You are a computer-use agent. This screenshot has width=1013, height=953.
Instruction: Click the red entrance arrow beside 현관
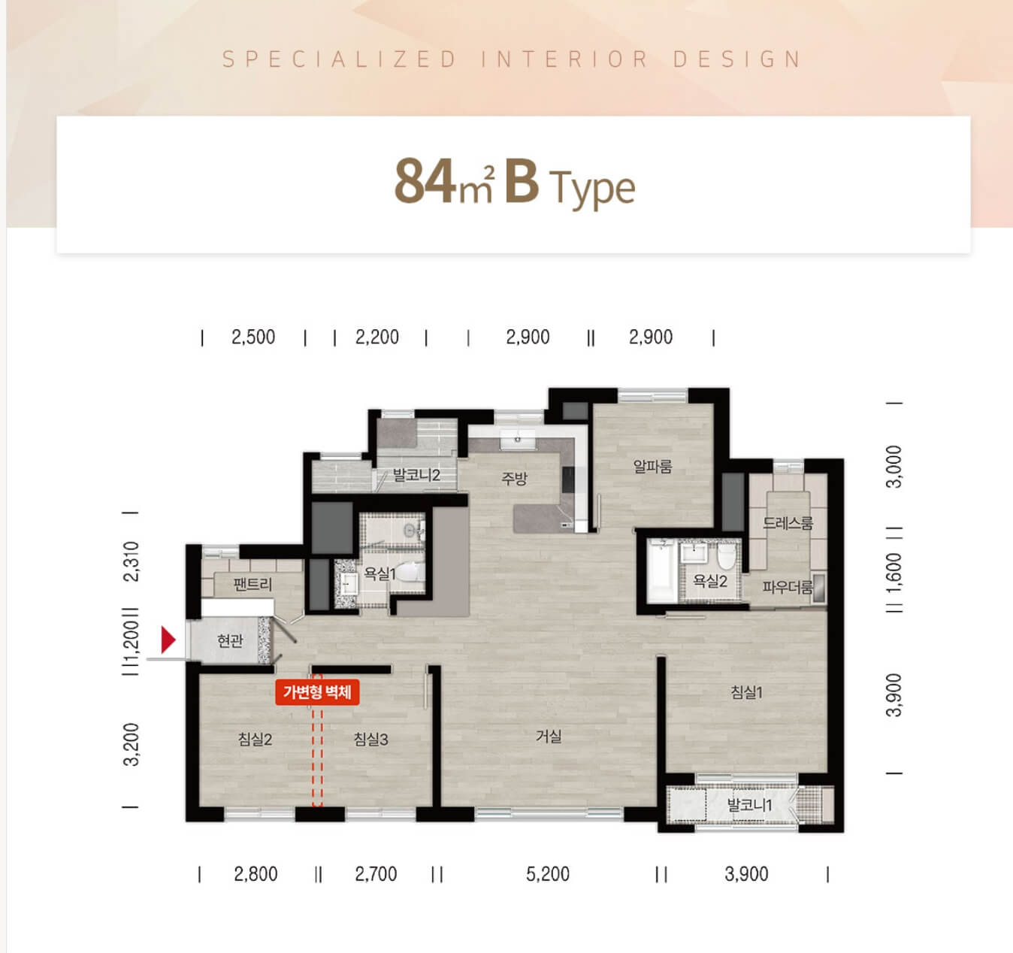(168, 640)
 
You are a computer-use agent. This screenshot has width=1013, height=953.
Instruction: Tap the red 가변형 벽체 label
(317, 692)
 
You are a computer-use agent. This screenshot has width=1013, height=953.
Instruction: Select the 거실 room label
(549, 737)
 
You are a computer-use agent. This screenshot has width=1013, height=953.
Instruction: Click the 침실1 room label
(746, 692)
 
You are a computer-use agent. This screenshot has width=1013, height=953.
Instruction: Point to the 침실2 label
(255, 739)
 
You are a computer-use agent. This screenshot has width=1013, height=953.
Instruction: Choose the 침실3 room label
(370, 739)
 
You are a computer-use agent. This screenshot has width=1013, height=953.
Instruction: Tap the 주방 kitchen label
(514, 478)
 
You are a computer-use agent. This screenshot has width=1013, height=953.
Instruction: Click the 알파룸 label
(652, 466)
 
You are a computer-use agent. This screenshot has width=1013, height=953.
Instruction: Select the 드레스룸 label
(788, 523)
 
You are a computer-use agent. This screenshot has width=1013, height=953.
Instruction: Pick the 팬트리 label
(252, 584)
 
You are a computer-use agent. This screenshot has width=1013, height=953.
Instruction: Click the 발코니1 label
(749, 805)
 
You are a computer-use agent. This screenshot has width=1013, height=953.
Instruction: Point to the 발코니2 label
(416, 475)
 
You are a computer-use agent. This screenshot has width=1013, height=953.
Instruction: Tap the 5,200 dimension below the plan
(547, 874)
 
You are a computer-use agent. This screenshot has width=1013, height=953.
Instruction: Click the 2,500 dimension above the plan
(253, 337)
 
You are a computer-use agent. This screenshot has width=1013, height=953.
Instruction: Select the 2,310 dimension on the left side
(131, 561)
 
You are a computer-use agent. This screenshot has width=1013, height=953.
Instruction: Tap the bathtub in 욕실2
(661, 570)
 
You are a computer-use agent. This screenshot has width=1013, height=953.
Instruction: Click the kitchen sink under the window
(518, 440)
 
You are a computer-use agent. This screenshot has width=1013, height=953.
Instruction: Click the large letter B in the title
(522, 181)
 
